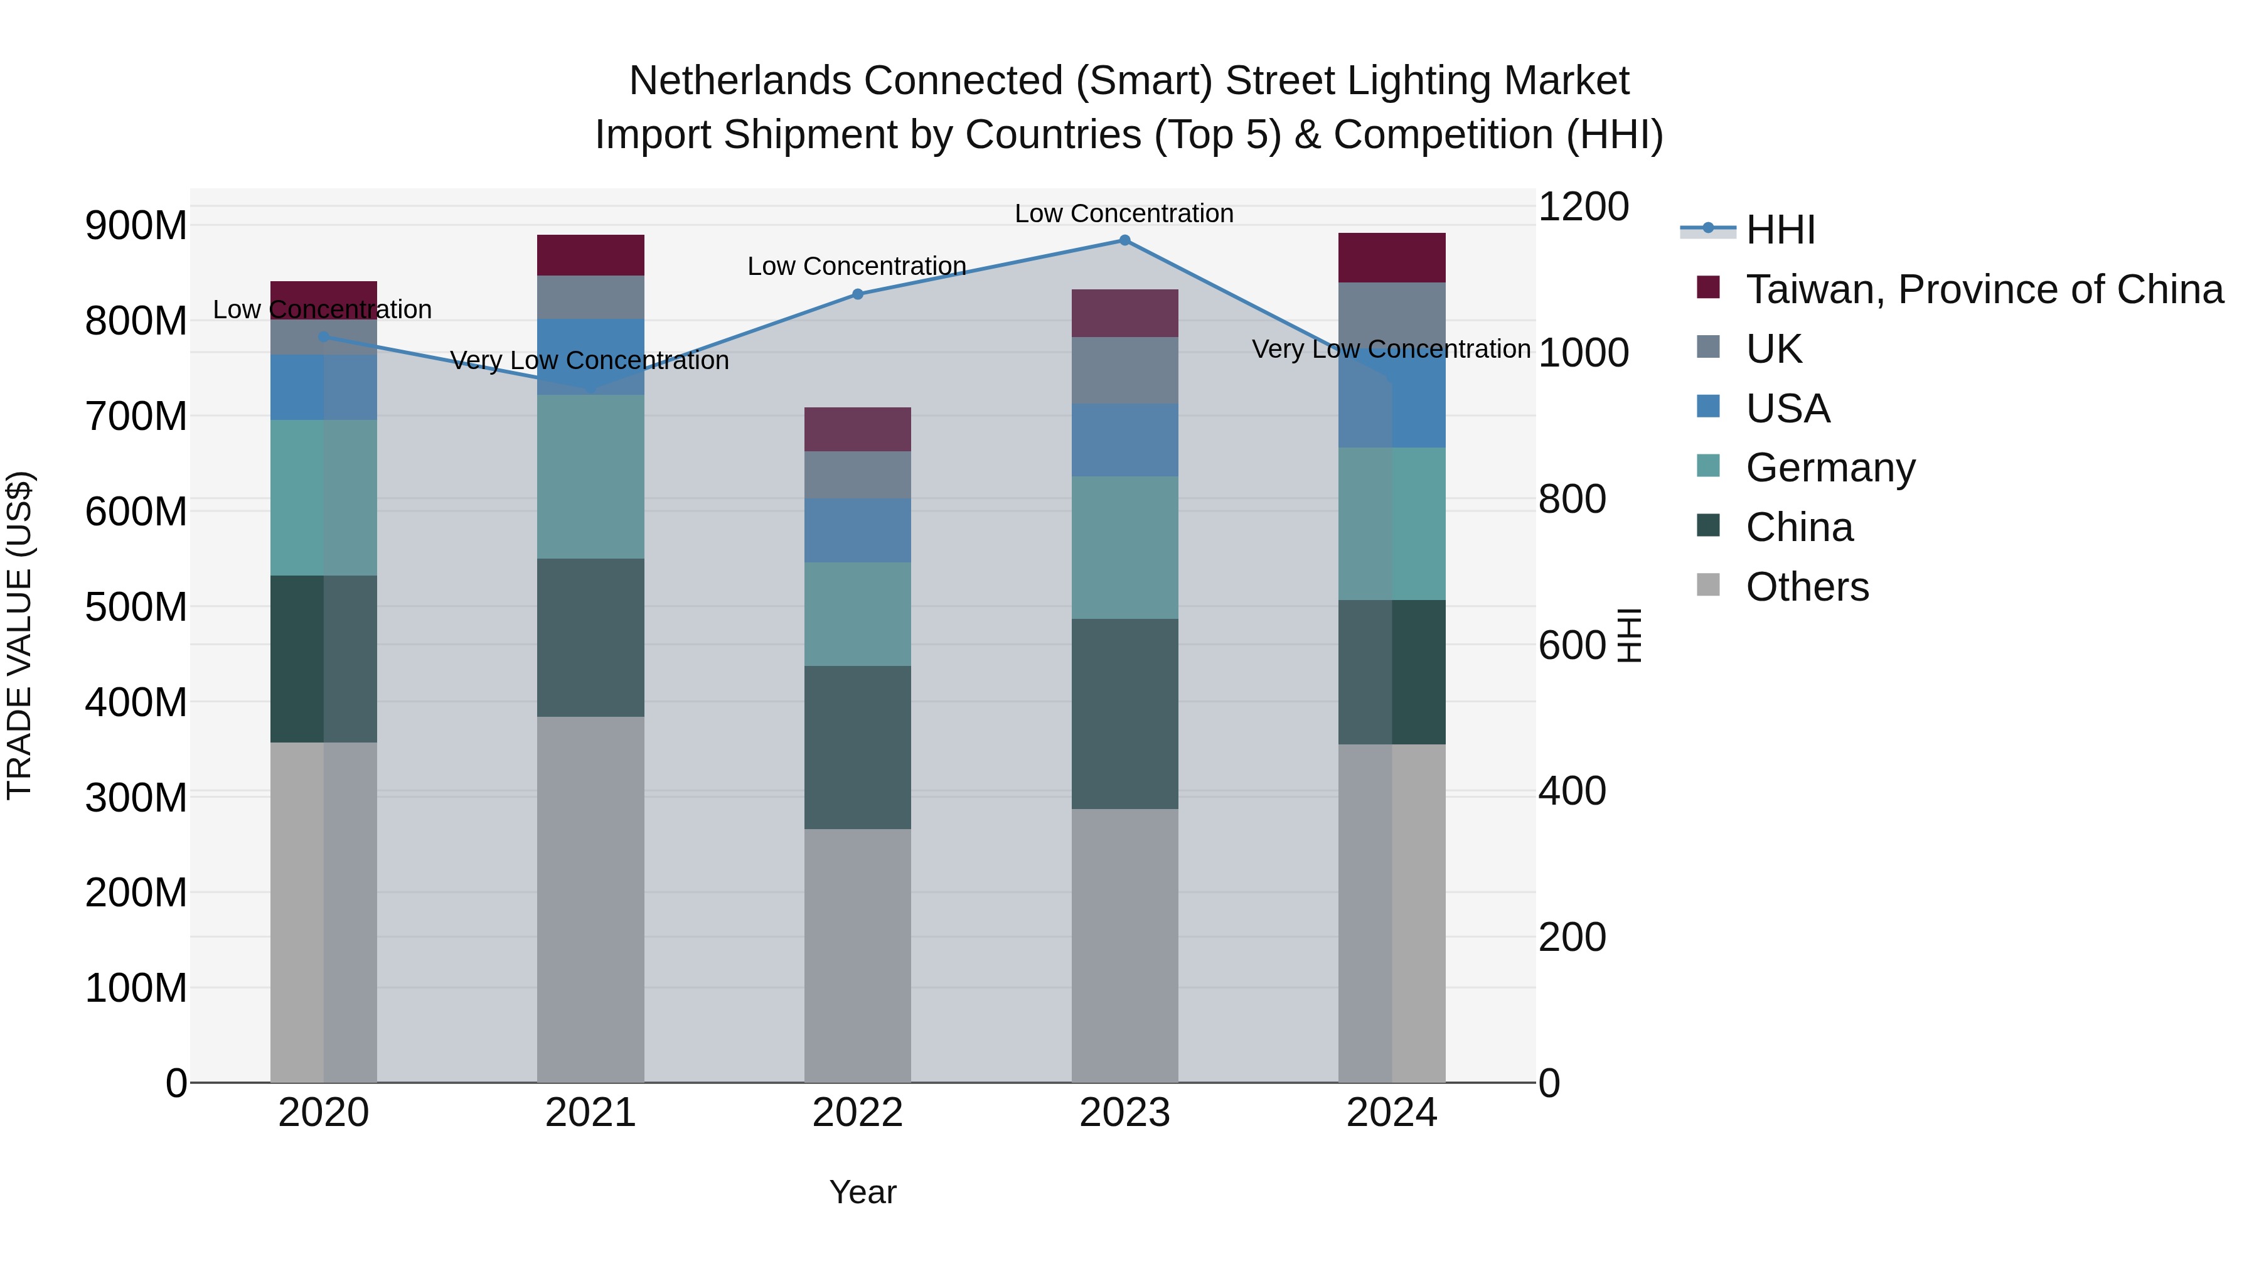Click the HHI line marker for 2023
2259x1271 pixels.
(x=1124, y=240)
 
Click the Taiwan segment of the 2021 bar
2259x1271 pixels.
(x=590, y=255)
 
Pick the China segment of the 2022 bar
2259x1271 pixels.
(x=858, y=748)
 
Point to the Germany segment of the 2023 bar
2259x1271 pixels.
(x=1124, y=547)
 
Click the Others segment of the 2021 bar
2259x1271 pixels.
(x=590, y=899)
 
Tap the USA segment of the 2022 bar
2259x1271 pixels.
(x=858, y=530)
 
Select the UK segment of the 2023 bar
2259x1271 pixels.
(x=1124, y=370)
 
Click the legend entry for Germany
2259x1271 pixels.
(x=1830, y=468)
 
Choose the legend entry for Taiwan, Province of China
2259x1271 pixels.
(x=1984, y=289)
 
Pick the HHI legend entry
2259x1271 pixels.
(x=1780, y=230)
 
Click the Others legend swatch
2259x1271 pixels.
(x=1708, y=585)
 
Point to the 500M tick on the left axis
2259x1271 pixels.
(x=136, y=607)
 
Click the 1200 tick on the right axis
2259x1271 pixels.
(x=1583, y=207)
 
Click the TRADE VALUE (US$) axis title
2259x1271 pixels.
(x=20, y=635)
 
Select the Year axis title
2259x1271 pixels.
(x=862, y=1192)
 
